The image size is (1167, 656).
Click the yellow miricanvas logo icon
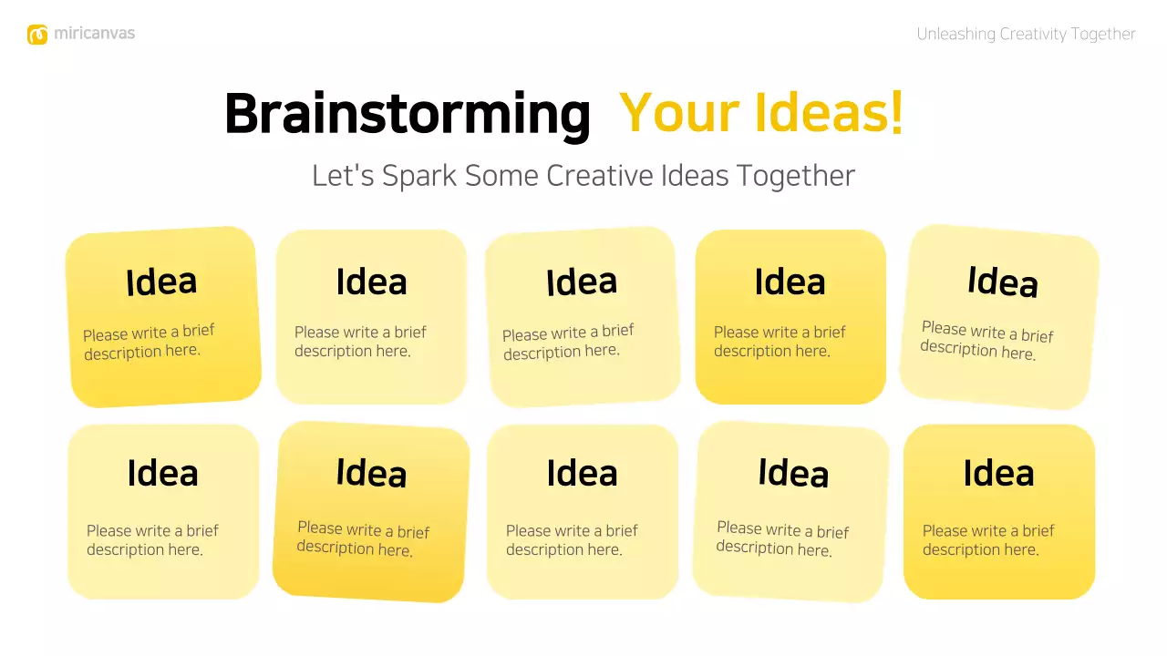click(37, 35)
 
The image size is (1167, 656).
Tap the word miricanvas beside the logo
click(94, 34)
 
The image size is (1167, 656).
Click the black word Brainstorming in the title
click(408, 114)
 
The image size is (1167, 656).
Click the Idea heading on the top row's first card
click(161, 282)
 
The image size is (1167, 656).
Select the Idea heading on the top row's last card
click(1002, 282)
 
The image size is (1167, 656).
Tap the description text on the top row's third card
click(567, 342)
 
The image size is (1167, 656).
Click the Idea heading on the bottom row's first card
click(162, 474)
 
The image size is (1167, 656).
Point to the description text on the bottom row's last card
click(987, 540)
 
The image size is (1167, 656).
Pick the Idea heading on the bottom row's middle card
click(582, 474)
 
